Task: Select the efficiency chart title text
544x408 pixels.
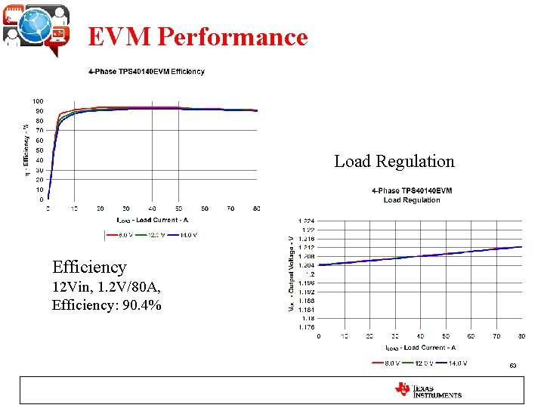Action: [x=146, y=72]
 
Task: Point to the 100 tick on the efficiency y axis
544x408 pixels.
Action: [x=38, y=101]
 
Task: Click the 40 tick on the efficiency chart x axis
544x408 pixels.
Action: [x=152, y=209]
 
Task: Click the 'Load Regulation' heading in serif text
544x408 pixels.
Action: [x=394, y=161]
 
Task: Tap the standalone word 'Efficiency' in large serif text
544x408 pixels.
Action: [x=89, y=267]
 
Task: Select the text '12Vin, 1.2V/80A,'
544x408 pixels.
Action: [x=106, y=287]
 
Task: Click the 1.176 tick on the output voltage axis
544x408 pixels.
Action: [x=307, y=327]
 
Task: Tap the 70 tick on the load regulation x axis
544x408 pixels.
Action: [x=496, y=335]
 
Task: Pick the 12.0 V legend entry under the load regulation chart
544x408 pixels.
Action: [x=425, y=363]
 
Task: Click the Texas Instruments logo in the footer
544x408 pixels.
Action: [x=428, y=390]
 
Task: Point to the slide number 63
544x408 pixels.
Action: [x=512, y=366]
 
